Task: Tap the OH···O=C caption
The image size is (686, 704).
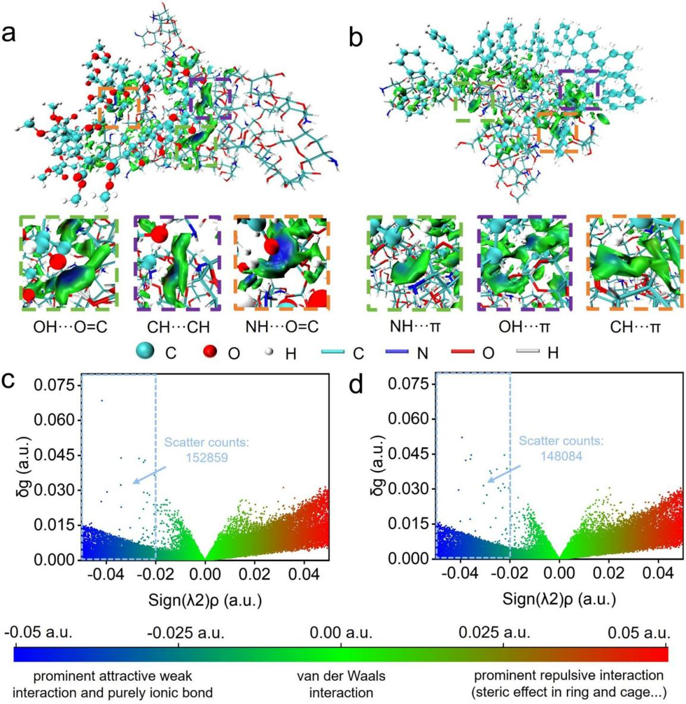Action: (x=69, y=326)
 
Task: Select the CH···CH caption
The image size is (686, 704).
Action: (x=177, y=326)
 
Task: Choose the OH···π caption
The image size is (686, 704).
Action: (x=524, y=326)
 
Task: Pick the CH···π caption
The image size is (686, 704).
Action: (x=631, y=326)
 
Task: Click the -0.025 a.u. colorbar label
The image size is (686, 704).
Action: (x=186, y=632)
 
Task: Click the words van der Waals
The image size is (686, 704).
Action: (x=341, y=677)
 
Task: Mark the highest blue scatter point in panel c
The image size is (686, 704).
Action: (x=102, y=401)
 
